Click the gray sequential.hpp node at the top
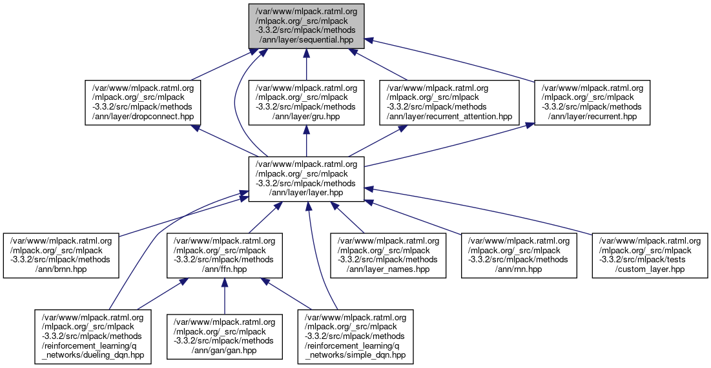307,25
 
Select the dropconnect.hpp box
143,102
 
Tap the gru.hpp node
306,102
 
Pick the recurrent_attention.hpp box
449,102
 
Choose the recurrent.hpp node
592,102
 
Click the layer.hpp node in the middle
307,179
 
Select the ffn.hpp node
224,255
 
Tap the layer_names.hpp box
388,255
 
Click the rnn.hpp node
519,255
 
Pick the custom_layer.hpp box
650,255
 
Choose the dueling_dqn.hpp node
93,336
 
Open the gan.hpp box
224,336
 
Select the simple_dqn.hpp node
355,336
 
